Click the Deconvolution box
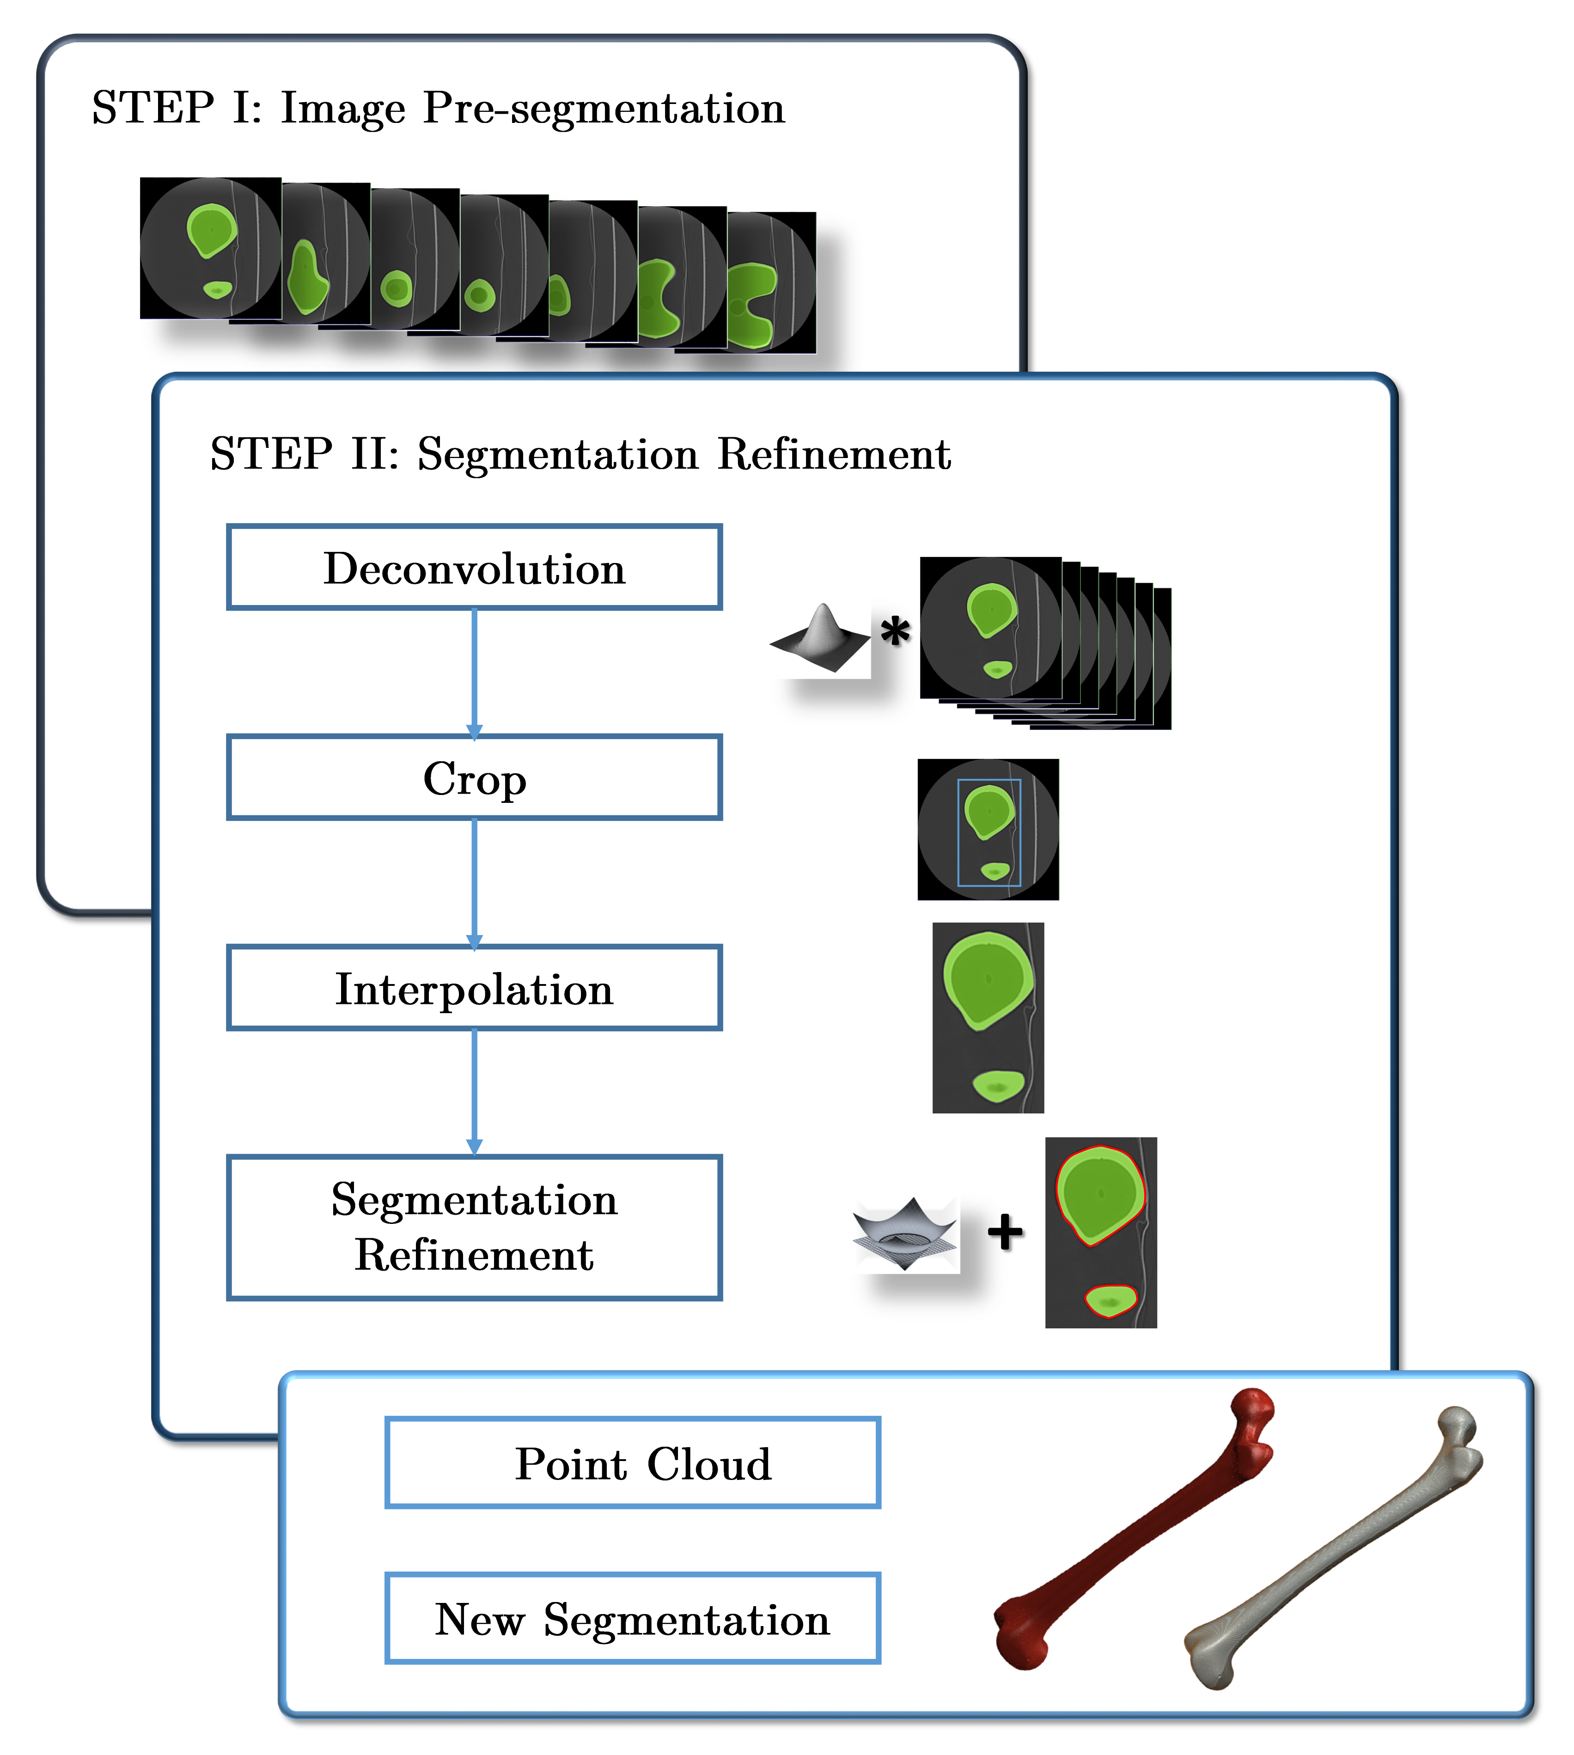click(474, 568)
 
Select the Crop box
click(474, 777)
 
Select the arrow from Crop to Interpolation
click(474, 882)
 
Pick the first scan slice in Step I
click(210, 248)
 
